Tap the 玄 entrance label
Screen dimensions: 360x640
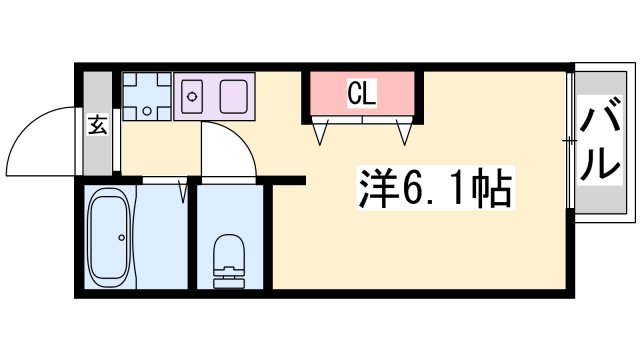(97, 126)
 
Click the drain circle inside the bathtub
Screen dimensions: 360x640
(120, 238)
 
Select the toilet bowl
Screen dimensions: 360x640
(228, 251)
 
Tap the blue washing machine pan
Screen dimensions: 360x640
(147, 96)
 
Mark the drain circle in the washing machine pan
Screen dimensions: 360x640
(146, 110)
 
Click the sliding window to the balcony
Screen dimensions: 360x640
(571, 140)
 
